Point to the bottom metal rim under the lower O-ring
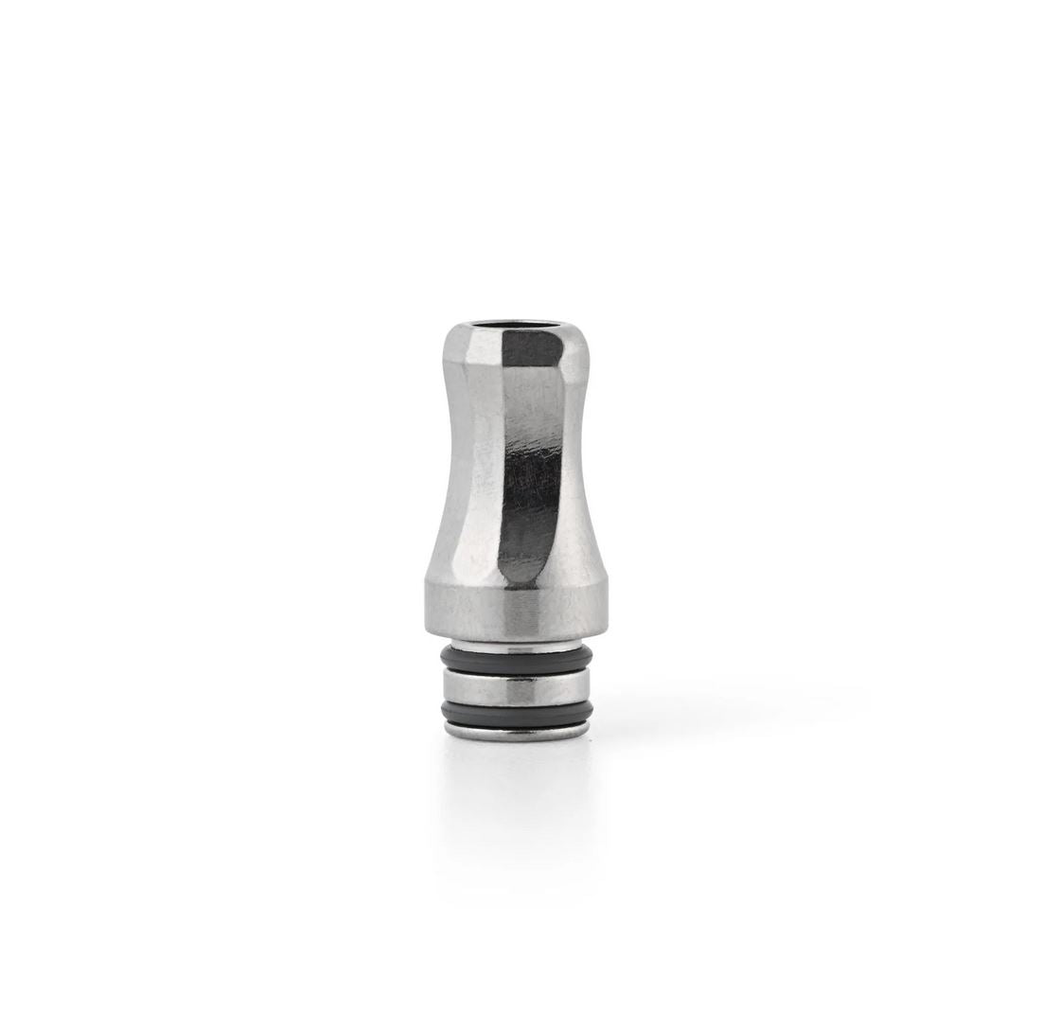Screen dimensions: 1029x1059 tap(516, 732)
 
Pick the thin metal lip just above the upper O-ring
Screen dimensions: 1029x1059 tap(516, 645)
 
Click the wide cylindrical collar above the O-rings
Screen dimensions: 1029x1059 tap(516, 611)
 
